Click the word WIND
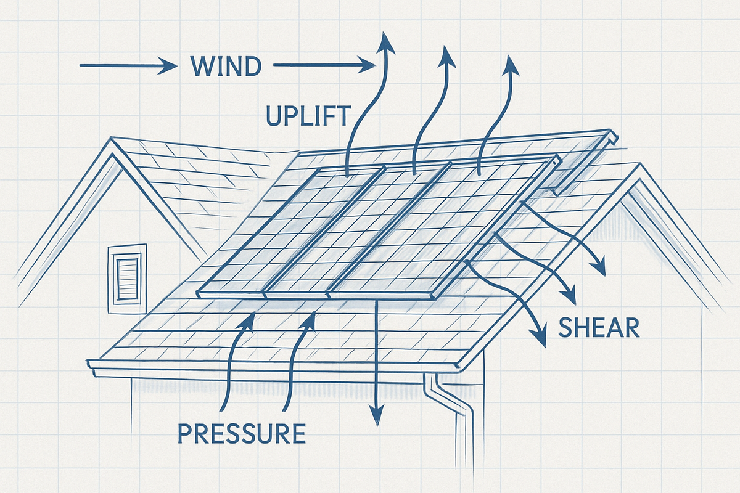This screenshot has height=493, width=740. tap(226, 66)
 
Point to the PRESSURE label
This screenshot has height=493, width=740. tap(241, 434)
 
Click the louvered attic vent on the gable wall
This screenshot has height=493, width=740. tap(128, 279)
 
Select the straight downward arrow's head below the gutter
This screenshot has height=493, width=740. tap(376, 418)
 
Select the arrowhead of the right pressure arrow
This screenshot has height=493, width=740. tap(310, 317)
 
